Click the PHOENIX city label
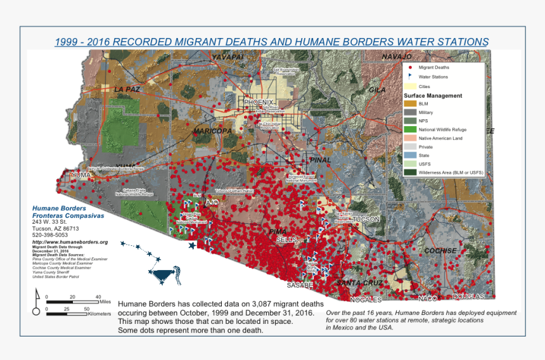tap(258, 103)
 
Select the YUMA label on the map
tap(80, 175)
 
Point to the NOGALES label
tap(367, 299)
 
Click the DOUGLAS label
tap(468, 297)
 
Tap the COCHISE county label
tap(440, 251)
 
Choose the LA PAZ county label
tap(127, 89)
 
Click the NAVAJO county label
tap(397, 57)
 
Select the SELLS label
tap(286, 240)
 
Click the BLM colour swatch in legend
tap(410, 103)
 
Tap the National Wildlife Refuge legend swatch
tap(410, 129)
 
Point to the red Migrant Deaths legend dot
tap(410, 67)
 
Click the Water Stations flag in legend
tap(410, 76)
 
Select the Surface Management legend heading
tap(433, 96)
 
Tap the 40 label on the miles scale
tap(98, 297)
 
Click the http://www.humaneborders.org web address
tap(70, 242)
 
